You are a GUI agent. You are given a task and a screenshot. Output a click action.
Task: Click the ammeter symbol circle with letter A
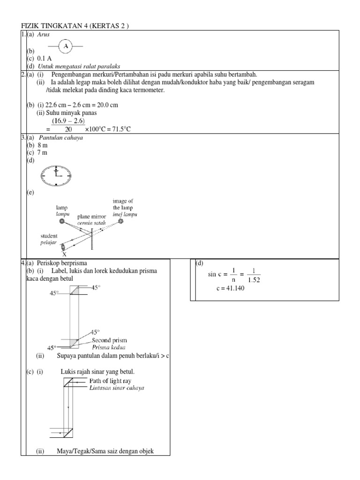point(66,45)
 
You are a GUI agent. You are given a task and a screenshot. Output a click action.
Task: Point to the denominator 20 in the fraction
point(68,129)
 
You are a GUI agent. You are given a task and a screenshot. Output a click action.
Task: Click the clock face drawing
point(56,176)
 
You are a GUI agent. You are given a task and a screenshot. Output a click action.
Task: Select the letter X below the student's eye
point(64,254)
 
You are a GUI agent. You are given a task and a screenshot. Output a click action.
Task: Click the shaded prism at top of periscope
point(75,291)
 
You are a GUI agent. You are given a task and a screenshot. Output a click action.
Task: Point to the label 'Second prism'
point(109,340)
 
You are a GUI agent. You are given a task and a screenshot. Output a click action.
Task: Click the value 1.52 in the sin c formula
point(253,280)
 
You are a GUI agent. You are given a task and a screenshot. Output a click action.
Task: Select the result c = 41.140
point(230,288)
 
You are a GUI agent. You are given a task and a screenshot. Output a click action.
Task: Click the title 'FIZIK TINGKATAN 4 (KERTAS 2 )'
point(75,26)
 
